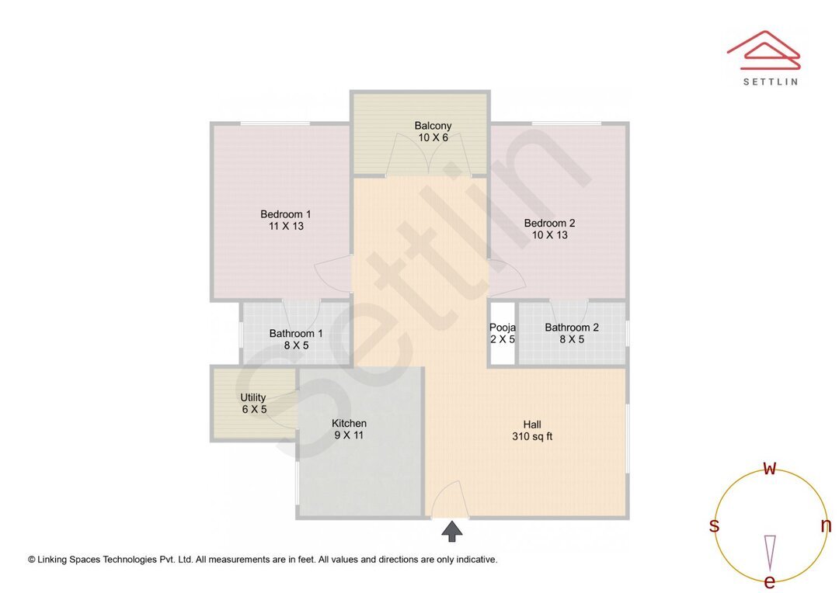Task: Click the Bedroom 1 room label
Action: [285, 214]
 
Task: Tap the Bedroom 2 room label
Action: [549, 223]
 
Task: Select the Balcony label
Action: [433, 126]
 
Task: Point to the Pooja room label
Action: [503, 328]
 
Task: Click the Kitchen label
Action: [349, 423]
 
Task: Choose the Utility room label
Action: [253, 397]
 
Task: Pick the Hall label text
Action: [532, 425]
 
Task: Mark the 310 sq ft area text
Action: [532, 437]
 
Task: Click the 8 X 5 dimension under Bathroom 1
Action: [296, 345]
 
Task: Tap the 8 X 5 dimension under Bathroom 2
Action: [572, 339]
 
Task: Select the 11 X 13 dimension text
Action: [285, 227]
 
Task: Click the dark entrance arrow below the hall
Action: [452, 532]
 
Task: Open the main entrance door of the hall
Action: [449, 500]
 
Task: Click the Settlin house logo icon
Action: [764, 50]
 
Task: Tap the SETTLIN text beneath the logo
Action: [770, 81]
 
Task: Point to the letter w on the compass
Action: [770, 468]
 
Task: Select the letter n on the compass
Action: [826, 525]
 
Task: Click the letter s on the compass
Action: [714, 526]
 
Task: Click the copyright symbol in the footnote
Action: [32, 560]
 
